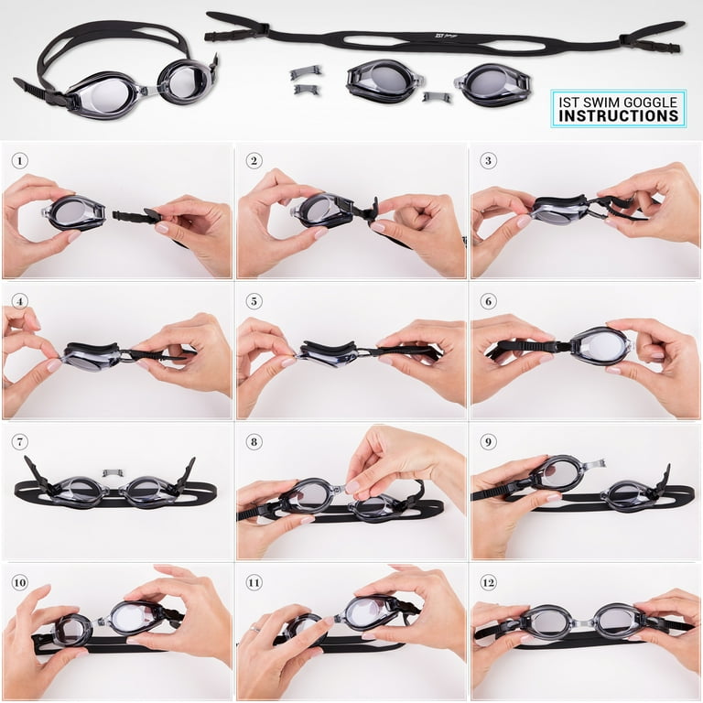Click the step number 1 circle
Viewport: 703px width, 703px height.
pyautogui.click(x=20, y=161)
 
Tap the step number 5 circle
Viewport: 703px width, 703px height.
pyautogui.click(x=254, y=301)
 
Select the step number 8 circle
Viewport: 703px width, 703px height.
pyautogui.click(x=254, y=442)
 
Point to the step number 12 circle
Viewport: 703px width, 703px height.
pyautogui.click(x=489, y=582)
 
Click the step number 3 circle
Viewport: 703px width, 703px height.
pyautogui.click(x=489, y=161)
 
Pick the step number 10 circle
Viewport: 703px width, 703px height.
pyautogui.click(x=20, y=582)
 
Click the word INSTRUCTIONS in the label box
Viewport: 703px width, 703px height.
pyautogui.click(x=619, y=116)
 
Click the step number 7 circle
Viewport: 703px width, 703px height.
pyautogui.click(x=20, y=442)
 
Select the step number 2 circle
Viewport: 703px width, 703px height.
pyautogui.click(x=254, y=161)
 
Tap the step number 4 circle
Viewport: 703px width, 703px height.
pyautogui.click(x=20, y=301)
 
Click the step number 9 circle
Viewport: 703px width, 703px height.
pyautogui.click(x=489, y=442)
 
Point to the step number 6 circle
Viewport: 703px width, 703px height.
pyautogui.click(x=489, y=301)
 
